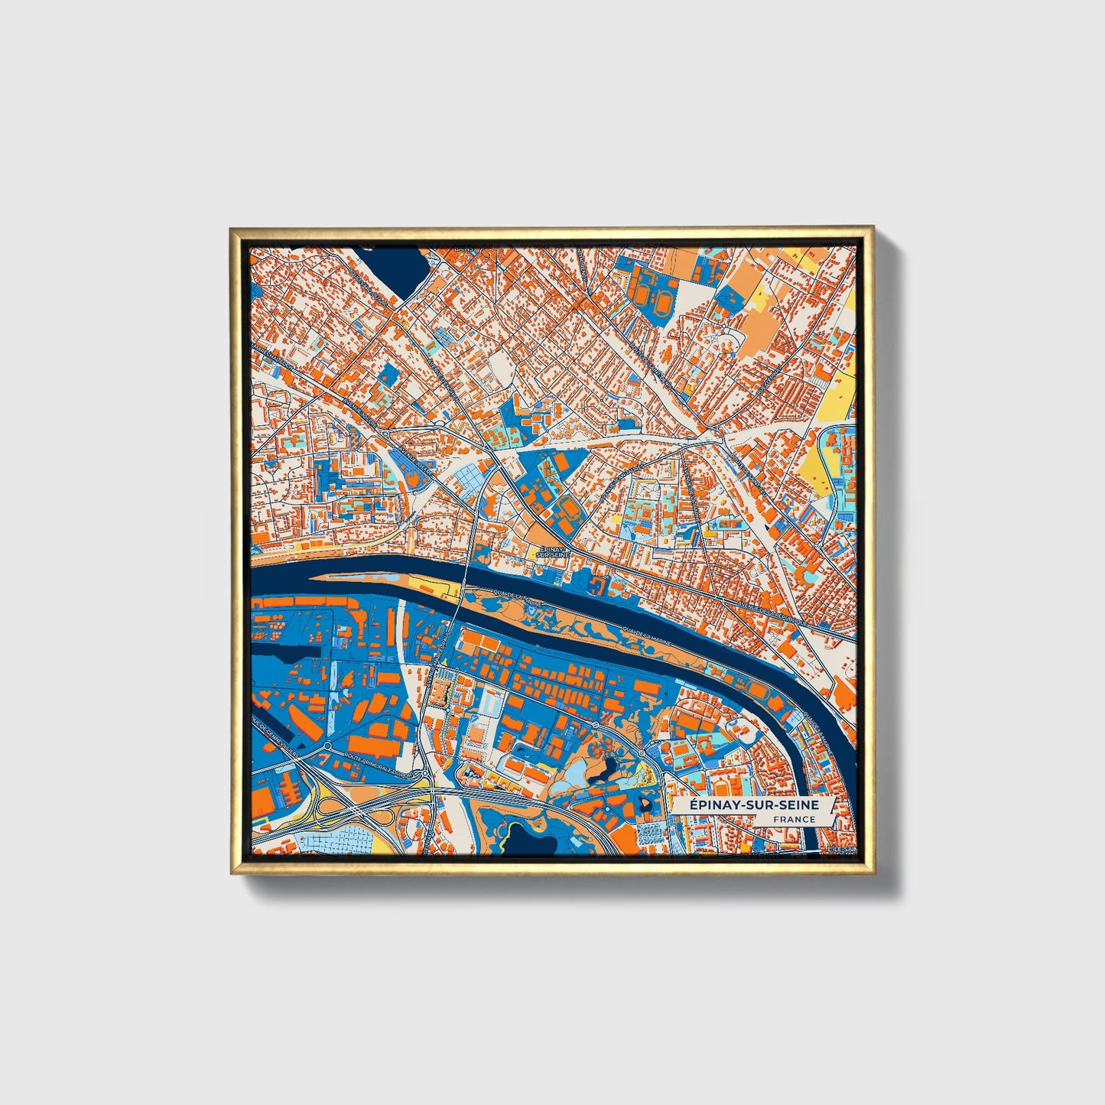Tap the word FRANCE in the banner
[794, 819]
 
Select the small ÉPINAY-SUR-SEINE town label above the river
[551, 551]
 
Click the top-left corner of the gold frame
[231, 229]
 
